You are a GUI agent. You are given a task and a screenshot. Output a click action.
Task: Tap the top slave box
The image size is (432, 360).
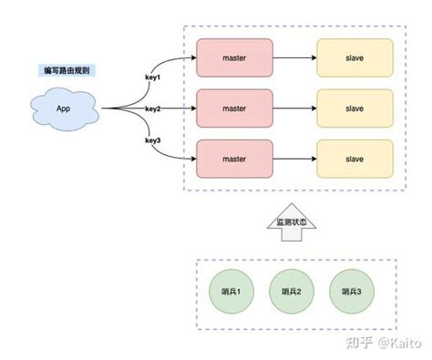[x=354, y=57]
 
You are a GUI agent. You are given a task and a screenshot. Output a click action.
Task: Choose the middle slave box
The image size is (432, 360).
[x=354, y=108]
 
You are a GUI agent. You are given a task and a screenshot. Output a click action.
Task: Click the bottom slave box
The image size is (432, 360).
[x=354, y=159]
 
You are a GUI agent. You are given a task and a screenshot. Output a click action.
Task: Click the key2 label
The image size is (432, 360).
[x=153, y=108]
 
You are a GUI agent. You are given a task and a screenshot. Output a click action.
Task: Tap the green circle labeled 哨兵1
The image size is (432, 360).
[x=231, y=291]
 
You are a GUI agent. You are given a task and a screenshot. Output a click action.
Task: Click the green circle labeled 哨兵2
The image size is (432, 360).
[x=291, y=291]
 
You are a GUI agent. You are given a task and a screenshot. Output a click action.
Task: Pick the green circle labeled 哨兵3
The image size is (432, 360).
[x=351, y=291]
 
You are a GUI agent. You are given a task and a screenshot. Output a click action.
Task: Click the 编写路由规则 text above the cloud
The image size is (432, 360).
[x=66, y=70]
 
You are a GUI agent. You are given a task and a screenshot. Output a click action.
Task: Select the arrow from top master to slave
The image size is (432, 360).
[x=293, y=57]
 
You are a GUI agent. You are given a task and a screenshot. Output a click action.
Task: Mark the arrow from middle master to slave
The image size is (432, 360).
[x=293, y=108]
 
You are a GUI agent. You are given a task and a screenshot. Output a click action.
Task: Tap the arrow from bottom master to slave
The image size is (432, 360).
[x=293, y=159]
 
